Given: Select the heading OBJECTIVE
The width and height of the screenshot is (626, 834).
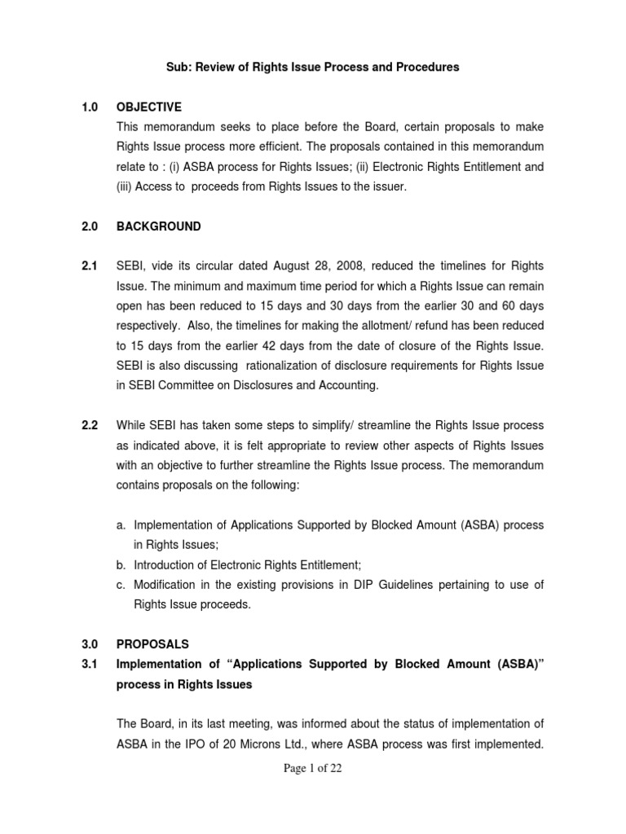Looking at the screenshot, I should click(149, 108).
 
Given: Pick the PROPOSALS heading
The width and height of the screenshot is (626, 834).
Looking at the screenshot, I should click(153, 644).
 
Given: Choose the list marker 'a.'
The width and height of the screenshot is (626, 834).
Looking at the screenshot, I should click(121, 525).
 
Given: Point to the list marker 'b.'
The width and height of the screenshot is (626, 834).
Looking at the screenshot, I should click(121, 565).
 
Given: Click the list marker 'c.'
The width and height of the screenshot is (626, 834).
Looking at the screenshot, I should click(121, 585).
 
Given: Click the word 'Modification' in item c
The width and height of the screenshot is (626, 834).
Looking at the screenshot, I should click(167, 585).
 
